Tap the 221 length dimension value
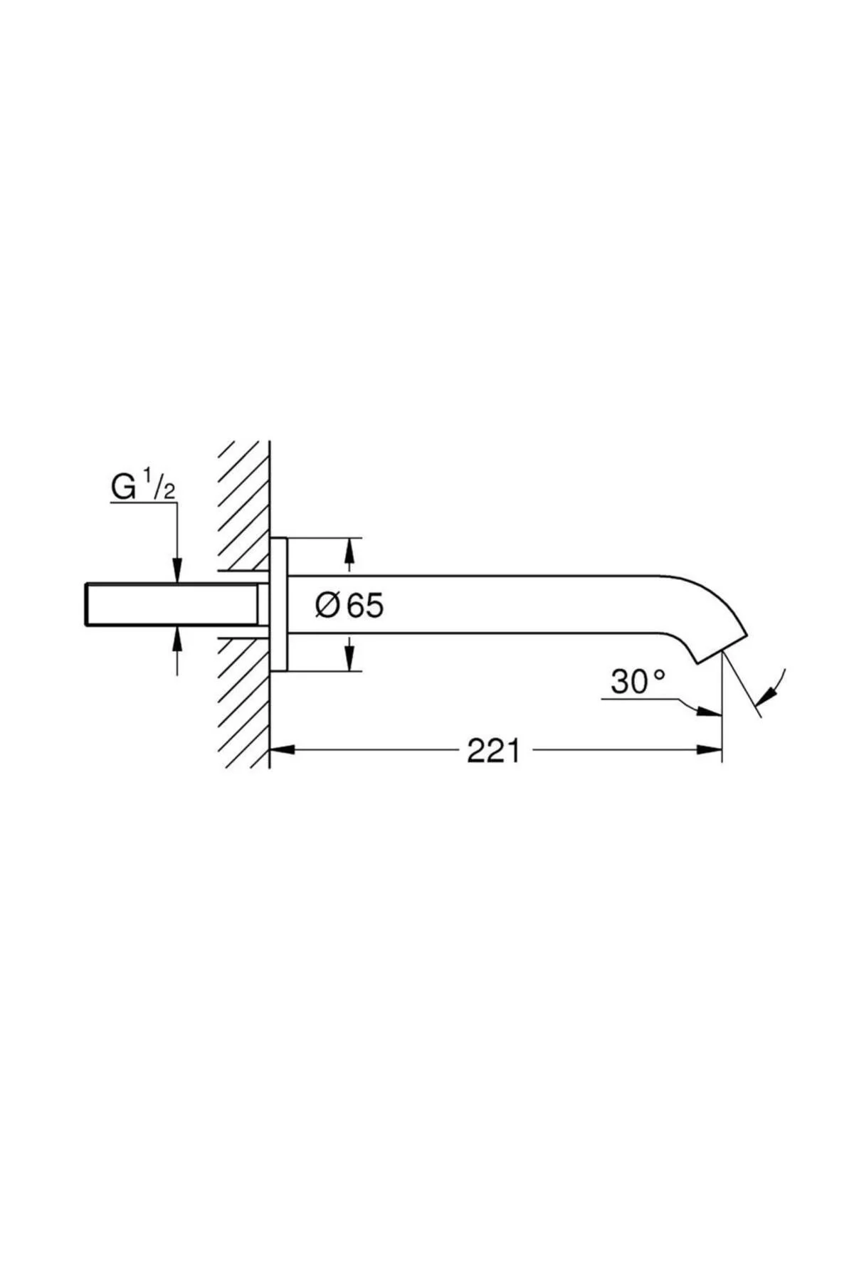click(x=493, y=750)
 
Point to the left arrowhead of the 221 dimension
click(x=283, y=749)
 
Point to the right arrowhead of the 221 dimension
click(x=710, y=749)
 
